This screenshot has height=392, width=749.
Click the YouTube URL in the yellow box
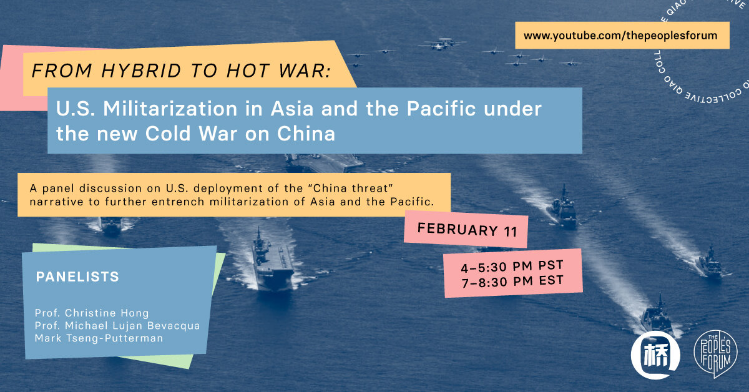(620, 36)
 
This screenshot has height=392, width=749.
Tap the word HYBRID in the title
(141, 71)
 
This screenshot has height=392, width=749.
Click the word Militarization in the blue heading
(170, 109)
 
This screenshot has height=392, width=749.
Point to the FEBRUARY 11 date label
(467, 230)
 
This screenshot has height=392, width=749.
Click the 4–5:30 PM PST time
(512, 267)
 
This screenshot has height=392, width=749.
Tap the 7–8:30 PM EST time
(512, 282)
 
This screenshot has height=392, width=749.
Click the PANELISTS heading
(77, 277)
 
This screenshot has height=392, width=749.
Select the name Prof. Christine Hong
(92, 313)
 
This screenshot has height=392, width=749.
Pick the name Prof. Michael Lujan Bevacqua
(117, 326)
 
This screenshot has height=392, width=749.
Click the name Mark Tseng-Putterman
(99, 338)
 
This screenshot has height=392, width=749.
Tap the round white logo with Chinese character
(655, 355)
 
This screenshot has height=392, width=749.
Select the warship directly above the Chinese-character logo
(657, 316)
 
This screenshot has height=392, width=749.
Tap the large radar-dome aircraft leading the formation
(442, 44)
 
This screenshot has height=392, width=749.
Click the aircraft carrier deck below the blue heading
(324, 163)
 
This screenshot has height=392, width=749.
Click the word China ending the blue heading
(306, 134)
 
